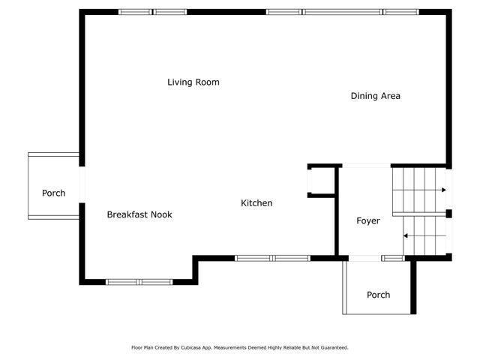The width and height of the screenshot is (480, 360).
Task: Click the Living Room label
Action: (193, 82)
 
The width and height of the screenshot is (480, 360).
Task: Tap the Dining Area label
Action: (375, 96)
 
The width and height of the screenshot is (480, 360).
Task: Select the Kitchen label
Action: (256, 203)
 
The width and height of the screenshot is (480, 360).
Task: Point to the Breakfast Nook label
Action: (139, 214)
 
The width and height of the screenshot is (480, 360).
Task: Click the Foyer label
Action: (368, 220)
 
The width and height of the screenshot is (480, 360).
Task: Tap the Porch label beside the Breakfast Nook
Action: (53, 193)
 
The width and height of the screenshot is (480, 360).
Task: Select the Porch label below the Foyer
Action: (378, 295)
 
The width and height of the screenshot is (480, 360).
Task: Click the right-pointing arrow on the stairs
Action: (419, 190)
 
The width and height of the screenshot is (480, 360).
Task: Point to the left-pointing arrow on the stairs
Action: (424, 235)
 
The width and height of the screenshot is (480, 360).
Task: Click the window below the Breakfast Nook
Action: (139, 282)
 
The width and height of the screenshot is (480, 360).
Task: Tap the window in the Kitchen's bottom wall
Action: (272, 258)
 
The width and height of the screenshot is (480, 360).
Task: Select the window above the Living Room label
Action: (153, 12)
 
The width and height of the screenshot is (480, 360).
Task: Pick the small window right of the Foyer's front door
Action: (393, 258)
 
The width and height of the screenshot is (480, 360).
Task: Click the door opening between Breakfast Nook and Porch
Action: (82, 184)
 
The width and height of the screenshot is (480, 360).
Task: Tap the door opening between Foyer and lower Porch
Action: (364, 258)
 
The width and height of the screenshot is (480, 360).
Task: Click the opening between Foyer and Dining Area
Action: (367, 166)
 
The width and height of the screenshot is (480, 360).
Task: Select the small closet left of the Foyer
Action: (322, 181)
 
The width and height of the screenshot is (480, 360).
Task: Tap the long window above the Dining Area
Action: (342, 12)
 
